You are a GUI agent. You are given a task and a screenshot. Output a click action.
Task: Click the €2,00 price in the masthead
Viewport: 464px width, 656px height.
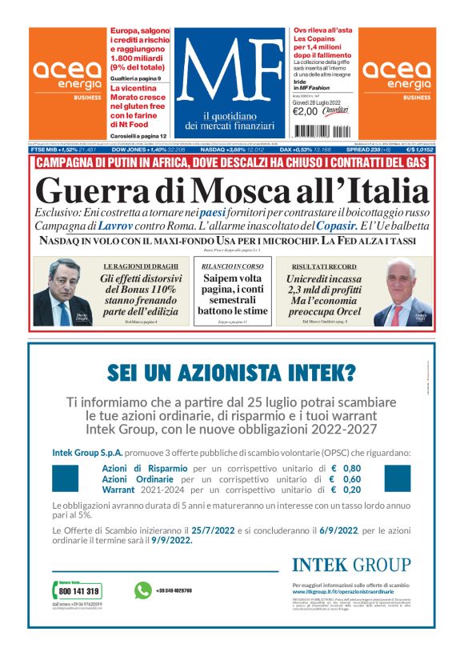click(306, 111)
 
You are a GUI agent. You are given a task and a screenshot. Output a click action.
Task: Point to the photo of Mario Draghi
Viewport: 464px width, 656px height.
click(59, 293)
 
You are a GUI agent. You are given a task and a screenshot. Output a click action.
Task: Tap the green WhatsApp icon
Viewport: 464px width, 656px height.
click(143, 590)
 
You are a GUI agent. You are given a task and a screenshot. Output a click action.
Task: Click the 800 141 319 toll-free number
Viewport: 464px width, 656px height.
click(79, 591)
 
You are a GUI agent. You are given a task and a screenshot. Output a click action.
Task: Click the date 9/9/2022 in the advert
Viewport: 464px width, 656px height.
click(172, 540)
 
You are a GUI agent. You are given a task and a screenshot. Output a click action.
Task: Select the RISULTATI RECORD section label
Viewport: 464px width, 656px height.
click(326, 265)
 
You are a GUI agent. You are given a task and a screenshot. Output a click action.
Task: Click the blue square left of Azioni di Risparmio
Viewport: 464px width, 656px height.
click(65, 478)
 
